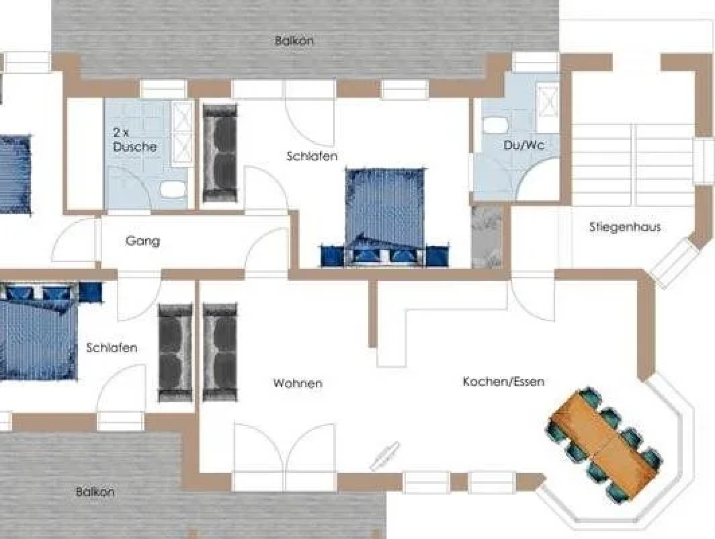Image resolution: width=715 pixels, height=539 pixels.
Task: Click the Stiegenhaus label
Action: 625,227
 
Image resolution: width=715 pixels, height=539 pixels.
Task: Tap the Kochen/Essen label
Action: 503,382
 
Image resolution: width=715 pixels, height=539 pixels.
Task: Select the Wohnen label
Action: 297,383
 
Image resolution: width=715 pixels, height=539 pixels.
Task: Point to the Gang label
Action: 143,241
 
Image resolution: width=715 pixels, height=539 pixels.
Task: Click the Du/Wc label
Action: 523,145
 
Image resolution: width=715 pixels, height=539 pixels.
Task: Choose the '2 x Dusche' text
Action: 134,140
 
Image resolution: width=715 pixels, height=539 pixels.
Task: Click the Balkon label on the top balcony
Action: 294,40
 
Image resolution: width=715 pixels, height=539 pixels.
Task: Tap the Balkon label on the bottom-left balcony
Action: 95,492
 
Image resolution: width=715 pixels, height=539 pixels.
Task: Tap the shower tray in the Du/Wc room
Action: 547,103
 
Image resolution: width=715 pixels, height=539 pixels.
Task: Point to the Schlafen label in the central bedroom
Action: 312,156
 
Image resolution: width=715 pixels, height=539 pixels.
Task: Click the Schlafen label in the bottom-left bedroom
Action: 111,348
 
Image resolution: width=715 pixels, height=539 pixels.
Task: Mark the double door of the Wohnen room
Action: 284,447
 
